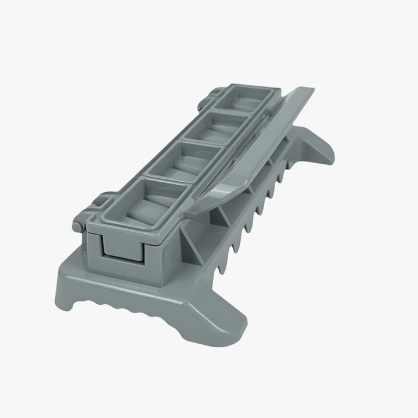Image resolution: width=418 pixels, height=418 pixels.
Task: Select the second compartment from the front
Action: coord(185,163)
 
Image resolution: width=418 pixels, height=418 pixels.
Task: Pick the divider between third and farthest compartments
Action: coord(232,113)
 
